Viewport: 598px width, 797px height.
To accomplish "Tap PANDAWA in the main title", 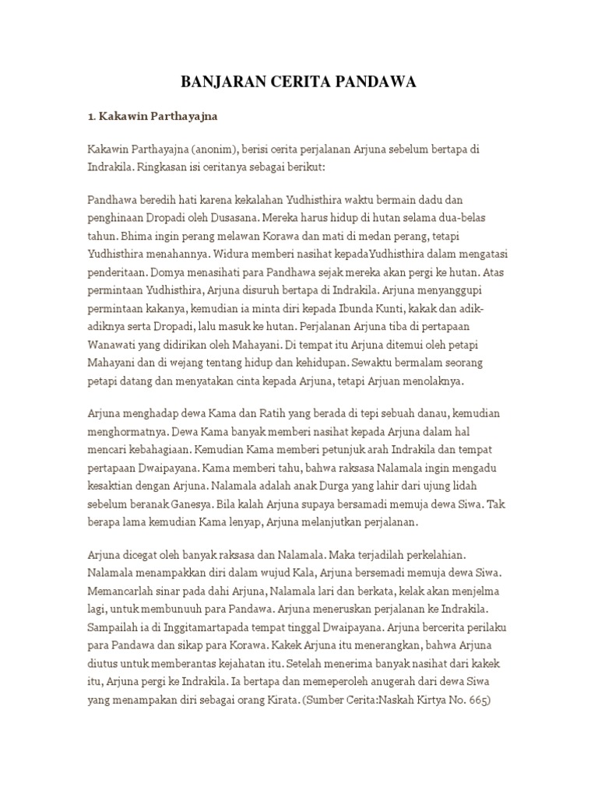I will click(x=382, y=82).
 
